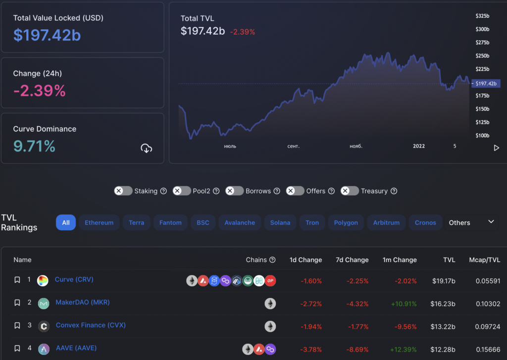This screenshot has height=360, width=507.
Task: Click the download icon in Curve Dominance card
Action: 146,148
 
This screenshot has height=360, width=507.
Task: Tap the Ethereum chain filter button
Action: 99,223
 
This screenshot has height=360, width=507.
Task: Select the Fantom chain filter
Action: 171,223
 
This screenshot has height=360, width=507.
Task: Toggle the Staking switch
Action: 123,191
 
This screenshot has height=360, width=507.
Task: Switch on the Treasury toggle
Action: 350,191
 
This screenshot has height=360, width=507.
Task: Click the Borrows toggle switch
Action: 235,191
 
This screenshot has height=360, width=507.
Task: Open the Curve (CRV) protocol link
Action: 74,279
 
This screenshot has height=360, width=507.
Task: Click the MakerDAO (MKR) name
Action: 82,302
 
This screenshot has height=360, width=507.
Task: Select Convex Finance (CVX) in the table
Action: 91,325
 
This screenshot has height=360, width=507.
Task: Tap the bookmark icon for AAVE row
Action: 17,349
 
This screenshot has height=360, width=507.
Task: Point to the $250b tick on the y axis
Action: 482,56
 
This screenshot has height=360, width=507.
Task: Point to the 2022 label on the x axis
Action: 419,146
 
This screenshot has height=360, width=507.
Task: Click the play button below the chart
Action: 497,148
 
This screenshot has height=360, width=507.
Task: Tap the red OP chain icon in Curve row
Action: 270,281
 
